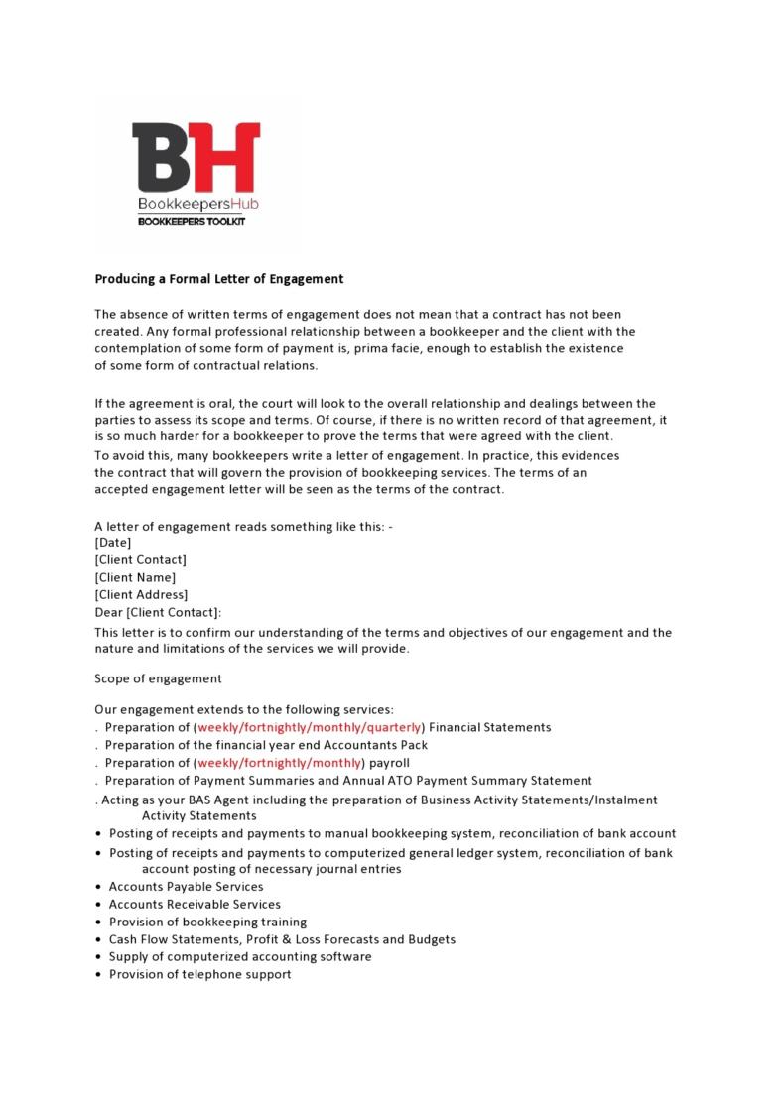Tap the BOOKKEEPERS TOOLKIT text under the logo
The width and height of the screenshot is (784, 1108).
(191, 222)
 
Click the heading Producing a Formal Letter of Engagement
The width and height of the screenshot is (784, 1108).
(218, 279)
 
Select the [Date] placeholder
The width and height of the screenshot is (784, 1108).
(112, 543)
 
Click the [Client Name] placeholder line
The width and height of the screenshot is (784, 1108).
(135, 577)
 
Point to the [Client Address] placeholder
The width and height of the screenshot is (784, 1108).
(141, 595)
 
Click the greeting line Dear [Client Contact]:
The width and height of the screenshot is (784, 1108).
(158, 613)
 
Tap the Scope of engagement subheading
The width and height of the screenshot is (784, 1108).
(158, 679)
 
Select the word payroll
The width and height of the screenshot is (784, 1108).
(389, 763)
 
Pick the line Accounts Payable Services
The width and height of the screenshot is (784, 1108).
(186, 887)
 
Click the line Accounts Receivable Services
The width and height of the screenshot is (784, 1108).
(195, 905)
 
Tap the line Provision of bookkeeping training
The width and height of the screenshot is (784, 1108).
(207, 923)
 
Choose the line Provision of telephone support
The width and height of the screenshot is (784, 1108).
(199, 975)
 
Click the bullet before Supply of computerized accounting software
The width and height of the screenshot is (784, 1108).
(99, 958)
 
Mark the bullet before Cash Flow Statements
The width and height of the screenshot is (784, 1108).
(99, 940)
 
